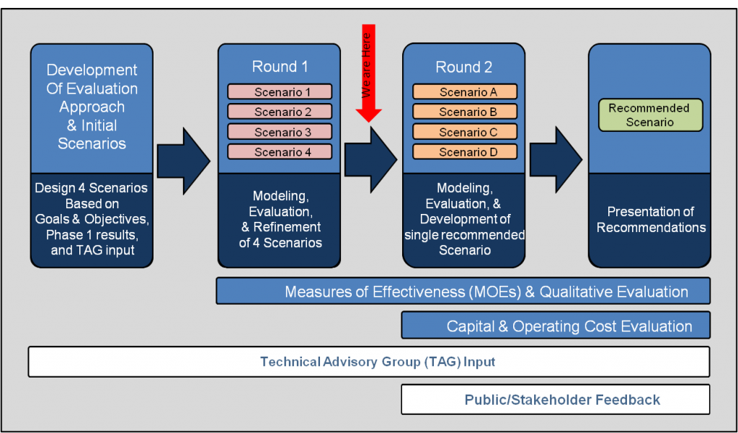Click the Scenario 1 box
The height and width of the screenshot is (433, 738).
coord(280,92)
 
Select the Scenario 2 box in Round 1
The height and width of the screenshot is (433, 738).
coord(280,112)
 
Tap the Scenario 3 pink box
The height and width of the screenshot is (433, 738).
coord(280,132)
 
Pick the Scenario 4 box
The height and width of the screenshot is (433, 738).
coord(280,152)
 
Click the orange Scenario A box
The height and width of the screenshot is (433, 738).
coord(465,92)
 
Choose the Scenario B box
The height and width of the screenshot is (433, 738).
coord(465,112)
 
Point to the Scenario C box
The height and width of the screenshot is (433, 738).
coord(465,132)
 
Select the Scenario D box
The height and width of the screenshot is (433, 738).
coord(465,152)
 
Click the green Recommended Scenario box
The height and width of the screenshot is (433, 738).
coord(650,115)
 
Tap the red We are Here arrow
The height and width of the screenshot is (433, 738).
coord(370,72)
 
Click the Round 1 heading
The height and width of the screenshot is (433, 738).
coord(280,67)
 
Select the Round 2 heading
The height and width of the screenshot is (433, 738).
coord(465,67)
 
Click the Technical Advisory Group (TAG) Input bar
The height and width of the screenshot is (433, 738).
coord(369,362)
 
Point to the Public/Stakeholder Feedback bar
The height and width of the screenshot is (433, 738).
coord(555,399)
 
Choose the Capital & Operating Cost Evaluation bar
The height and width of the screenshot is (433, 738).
coord(555,326)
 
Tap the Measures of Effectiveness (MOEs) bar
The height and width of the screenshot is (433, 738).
coord(463,292)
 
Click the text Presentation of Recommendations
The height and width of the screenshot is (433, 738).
coord(650,220)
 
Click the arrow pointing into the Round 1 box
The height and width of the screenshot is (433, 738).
coord(184,157)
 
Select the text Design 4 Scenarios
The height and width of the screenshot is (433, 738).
coord(92,189)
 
